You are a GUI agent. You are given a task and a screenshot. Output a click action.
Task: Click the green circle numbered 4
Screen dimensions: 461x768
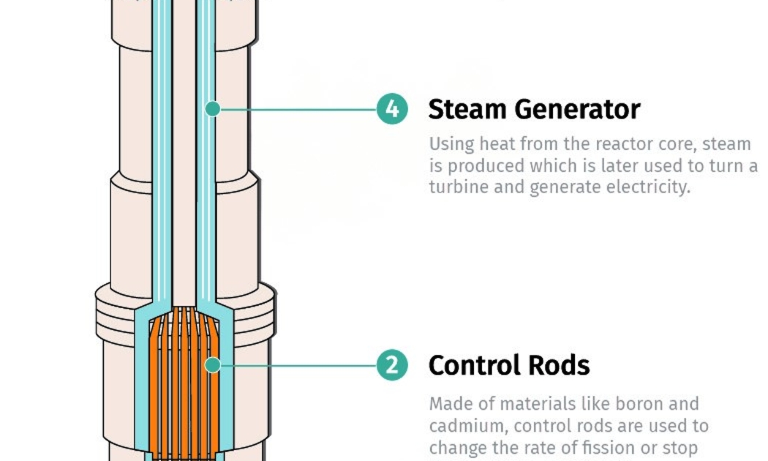[393, 109]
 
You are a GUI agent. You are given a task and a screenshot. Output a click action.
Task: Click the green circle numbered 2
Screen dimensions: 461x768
[393, 364]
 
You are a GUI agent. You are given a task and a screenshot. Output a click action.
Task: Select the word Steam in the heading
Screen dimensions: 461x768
[467, 109]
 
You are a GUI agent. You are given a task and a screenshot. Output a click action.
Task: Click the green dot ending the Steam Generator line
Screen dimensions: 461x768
[213, 109]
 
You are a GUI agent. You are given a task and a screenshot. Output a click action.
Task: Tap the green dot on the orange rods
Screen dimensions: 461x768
[213, 364]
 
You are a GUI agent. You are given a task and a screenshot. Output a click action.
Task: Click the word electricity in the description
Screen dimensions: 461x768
[647, 187]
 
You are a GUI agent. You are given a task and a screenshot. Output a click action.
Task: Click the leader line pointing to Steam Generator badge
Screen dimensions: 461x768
[300, 109]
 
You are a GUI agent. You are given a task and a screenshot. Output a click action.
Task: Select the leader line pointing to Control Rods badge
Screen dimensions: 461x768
[300, 364]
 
